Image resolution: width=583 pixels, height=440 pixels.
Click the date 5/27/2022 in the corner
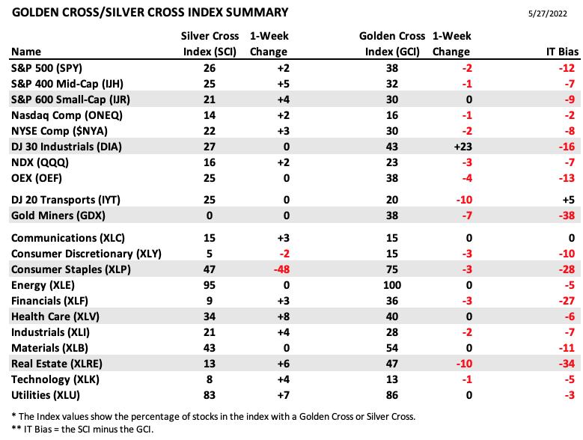click(x=547, y=13)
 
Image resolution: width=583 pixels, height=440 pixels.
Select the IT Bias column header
click(x=562, y=52)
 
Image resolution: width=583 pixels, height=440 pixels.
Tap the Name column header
click(x=26, y=52)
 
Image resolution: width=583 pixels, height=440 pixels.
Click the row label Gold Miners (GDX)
click(x=58, y=216)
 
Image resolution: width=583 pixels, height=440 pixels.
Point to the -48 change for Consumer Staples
click(x=281, y=269)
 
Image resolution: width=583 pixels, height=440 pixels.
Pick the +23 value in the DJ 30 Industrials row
click(x=463, y=147)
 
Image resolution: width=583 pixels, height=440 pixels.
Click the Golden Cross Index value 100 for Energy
click(x=392, y=285)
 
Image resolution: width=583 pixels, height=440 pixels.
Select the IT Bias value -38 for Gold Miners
click(x=567, y=216)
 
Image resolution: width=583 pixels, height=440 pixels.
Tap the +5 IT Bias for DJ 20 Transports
click(x=569, y=200)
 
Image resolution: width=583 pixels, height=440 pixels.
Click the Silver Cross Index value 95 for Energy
click(x=210, y=285)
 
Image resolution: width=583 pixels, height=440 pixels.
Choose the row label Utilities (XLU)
click(x=46, y=395)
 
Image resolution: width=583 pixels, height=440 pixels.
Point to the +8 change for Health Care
click(x=284, y=317)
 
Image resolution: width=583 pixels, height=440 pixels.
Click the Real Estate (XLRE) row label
click(x=57, y=364)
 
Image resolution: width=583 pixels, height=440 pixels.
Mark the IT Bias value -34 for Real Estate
click(x=567, y=364)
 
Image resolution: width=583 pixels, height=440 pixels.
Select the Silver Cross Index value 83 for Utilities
click(x=210, y=395)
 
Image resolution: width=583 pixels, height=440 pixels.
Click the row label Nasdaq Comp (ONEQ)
click(x=67, y=115)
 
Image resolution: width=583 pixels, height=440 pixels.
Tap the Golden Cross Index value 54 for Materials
click(x=392, y=348)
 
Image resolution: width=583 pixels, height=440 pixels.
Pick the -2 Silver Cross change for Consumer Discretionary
click(x=284, y=254)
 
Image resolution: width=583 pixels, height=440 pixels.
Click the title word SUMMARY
click(x=257, y=12)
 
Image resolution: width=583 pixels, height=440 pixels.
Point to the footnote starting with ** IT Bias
click(x=82, y=430)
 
